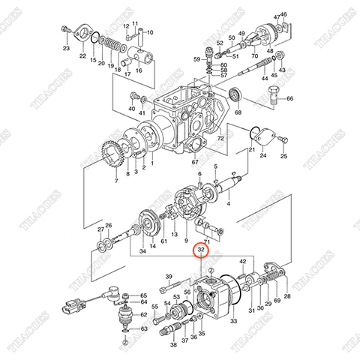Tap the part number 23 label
[x=66, y=49]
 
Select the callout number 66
[x=290, y=99]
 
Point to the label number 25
[x=284, y=157]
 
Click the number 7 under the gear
[x=116, y=181]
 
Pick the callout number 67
[x=194, y=162]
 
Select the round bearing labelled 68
[x=237, y=94]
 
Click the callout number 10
[x=149, y=32]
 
